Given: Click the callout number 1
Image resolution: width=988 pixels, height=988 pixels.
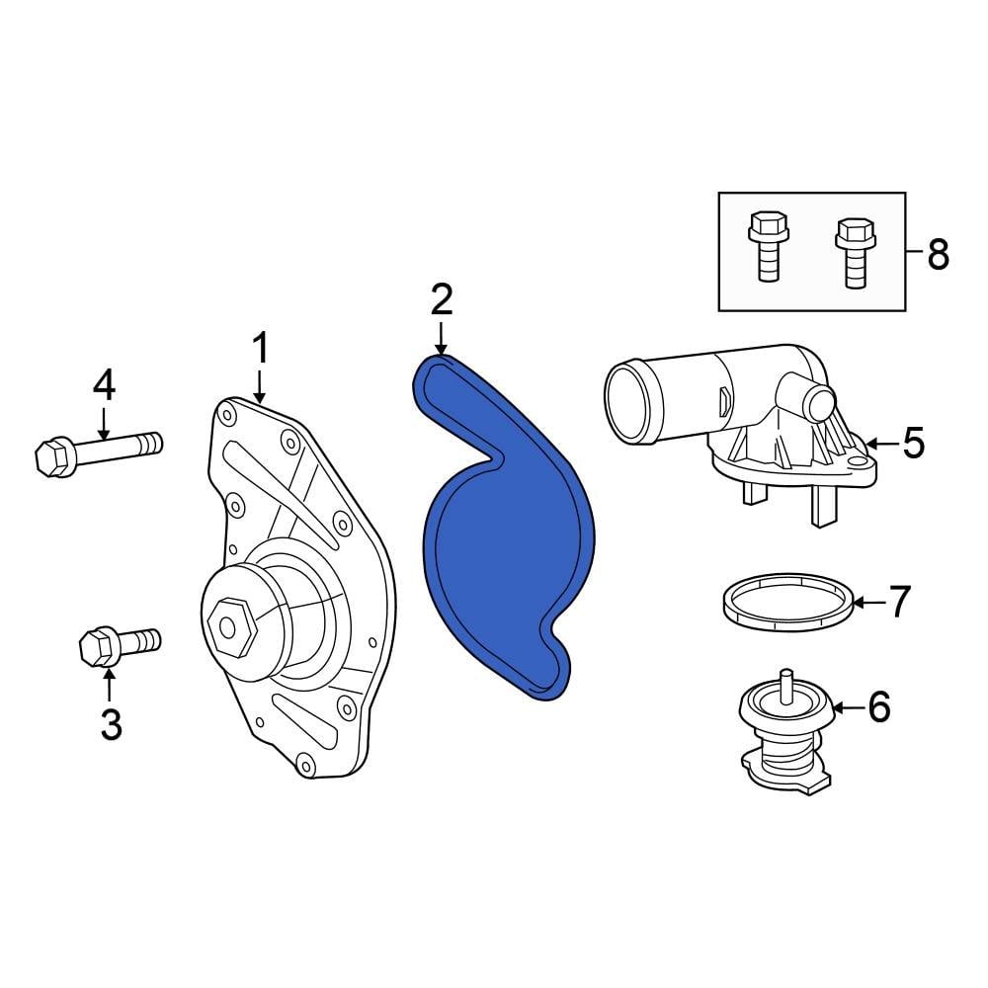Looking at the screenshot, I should (260, 351).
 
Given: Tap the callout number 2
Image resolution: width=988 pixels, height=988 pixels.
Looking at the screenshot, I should (441, 299).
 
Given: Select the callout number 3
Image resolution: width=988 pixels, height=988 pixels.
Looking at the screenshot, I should (111, 723).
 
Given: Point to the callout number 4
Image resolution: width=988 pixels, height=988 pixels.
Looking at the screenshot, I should (105, 385).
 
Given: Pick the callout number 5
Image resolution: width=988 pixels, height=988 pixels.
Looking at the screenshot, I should (913, 444).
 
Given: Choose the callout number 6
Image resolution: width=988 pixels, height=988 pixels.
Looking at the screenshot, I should (879, 706).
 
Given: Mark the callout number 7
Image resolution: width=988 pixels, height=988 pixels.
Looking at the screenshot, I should (898, 602).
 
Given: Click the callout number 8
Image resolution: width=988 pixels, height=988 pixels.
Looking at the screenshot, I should (937, 255).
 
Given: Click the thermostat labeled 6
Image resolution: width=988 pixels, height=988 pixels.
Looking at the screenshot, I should (785, 736).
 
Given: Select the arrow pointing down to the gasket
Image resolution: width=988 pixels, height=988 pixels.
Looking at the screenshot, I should (441, 336).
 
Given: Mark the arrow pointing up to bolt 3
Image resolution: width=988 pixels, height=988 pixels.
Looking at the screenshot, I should (111, 685).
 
